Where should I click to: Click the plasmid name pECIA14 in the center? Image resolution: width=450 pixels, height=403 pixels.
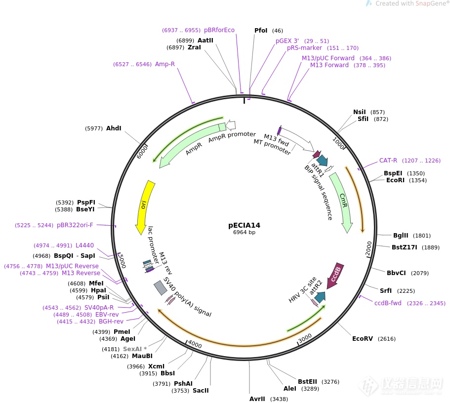(244, 225)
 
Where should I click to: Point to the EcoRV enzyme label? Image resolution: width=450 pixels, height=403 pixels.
(363, 339)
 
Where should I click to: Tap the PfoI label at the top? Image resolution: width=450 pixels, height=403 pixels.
(261, 31)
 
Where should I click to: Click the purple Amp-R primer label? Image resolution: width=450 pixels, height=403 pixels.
(165, 64)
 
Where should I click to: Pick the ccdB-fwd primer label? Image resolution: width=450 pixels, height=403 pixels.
(388, 303)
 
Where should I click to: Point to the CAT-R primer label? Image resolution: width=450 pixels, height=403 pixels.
(388, 161)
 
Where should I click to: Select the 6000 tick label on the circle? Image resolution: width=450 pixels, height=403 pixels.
(143, 152)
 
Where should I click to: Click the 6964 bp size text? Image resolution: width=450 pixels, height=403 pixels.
(244, 233)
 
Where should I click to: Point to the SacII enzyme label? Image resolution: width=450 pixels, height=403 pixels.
(201, 391)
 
